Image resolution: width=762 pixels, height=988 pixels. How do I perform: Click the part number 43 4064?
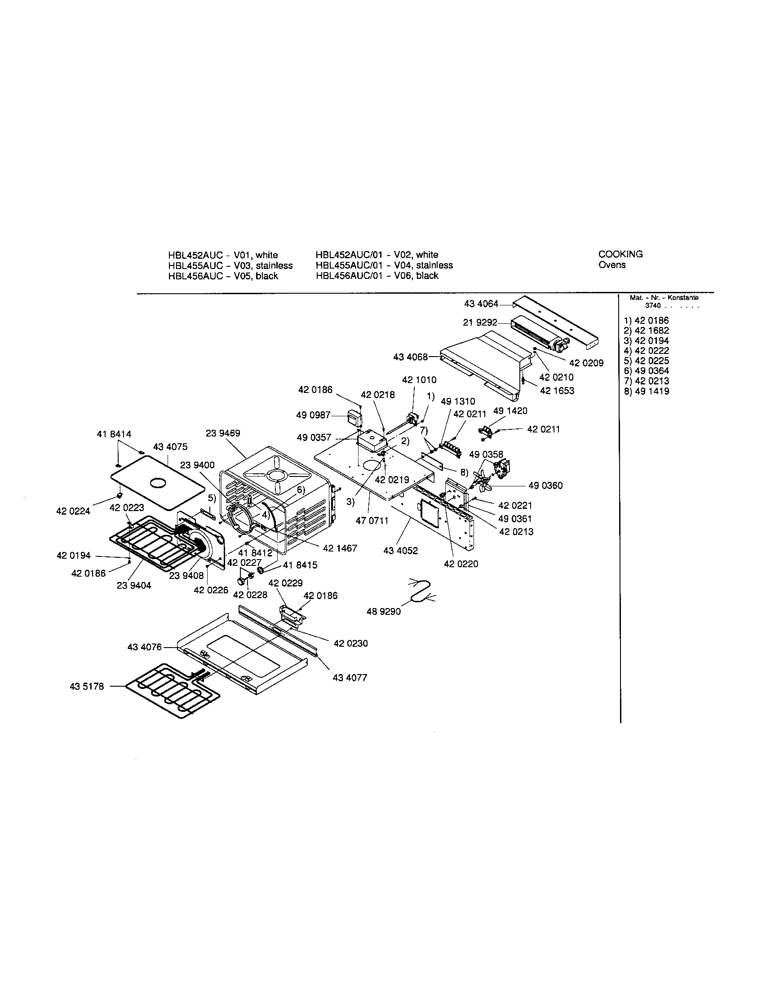(x=481, y=304)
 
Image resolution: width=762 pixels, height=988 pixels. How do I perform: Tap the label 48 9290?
(x=383, y=612)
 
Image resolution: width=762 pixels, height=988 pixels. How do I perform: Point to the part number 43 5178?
(x=87, y=686)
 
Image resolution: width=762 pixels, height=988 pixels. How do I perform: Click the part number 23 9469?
(x=223, y=433)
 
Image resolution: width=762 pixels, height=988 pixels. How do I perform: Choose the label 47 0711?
(x=372, y=520)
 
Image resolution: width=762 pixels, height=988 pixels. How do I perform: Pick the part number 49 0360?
(x=545, y=485)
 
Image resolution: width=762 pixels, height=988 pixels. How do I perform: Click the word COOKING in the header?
(x=620, y=254)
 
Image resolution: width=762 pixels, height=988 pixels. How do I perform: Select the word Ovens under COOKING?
(x=612, y=265)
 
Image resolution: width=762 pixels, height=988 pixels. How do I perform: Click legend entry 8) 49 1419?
(x=646, y=391)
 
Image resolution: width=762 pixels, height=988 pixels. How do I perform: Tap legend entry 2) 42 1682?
(x=646, y=331)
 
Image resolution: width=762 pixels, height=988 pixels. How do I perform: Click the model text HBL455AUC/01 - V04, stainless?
(x=384, y=265)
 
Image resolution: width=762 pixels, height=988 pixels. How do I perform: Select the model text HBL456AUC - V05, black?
(x=223, y=276)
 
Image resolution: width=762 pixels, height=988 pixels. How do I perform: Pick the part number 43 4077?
(x=350, y=677)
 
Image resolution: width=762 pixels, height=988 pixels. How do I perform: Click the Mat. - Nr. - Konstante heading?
(x=664, y=298)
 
